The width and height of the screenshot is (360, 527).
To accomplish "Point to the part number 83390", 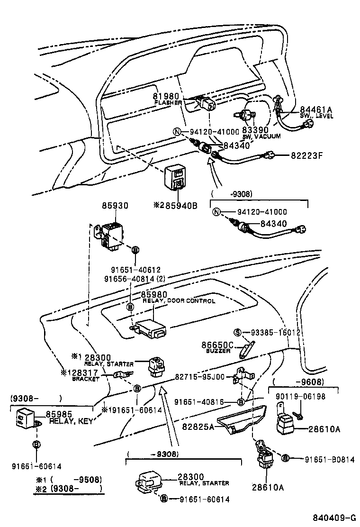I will [255, 129].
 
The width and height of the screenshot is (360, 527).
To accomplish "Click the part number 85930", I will [115, 206].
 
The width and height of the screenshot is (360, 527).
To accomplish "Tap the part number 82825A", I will [198, 427].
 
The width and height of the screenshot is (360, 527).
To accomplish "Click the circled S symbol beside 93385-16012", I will [239, 333].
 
